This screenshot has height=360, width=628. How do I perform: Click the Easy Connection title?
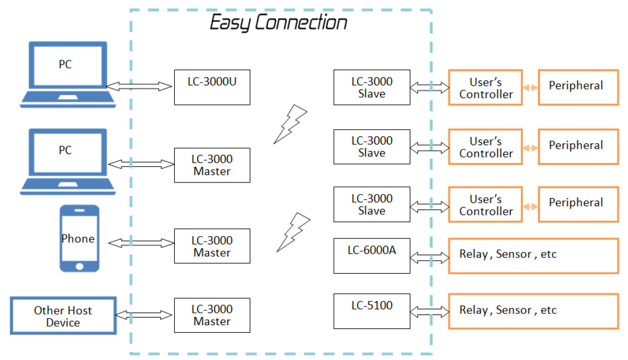coord(278,23)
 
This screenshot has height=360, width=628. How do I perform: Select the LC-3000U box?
coord(212,87)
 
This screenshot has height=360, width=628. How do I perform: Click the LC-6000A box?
coord(372,255)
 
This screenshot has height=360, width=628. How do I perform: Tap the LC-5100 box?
coord(372,311)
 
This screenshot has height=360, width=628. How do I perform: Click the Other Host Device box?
coord(63,316)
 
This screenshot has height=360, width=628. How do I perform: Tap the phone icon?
coord(79,238)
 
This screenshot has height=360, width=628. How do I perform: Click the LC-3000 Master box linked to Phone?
coord(212,247)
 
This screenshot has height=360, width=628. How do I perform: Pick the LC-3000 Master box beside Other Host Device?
coord(212,315)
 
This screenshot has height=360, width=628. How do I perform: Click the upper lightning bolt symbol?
coord(290,124)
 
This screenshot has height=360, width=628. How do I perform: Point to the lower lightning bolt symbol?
coord(293,232)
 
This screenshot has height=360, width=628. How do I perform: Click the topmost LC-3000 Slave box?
coord(372,87)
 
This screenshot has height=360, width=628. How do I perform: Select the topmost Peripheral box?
coord(578,87)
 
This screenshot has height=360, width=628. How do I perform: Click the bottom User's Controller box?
coord(485,205)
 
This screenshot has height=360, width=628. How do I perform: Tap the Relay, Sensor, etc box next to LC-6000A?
coord(533,255)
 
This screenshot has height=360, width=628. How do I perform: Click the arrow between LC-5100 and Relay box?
coord(430,312)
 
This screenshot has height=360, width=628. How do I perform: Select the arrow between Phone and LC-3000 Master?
coord(140,243)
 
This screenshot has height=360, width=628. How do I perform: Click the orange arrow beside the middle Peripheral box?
coord(530,148)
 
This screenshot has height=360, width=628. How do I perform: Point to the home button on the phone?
coord(80,266)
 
